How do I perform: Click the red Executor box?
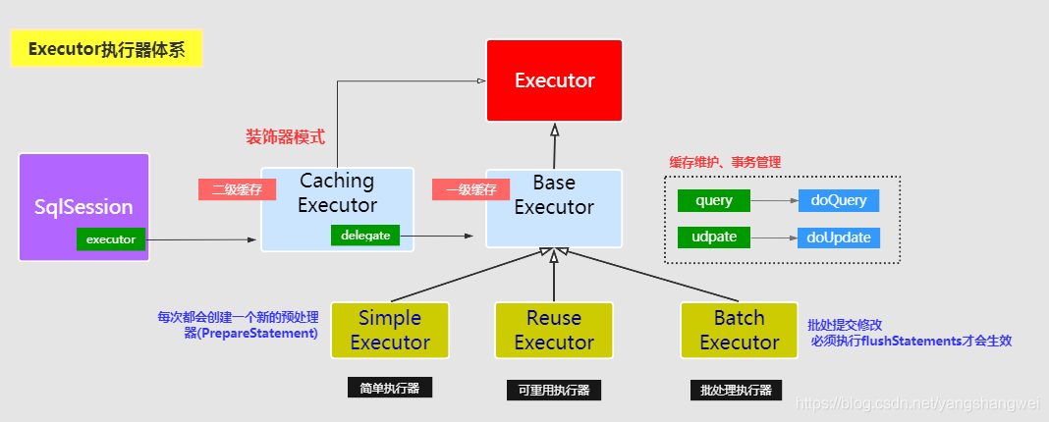tap(554, 80)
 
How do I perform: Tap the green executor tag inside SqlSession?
tap(111, 238)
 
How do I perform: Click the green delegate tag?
tap(365, 236)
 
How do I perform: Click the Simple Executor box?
tap(390, 330)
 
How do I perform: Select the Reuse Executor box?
tap(554, 330)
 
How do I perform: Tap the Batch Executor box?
tap(739, 330)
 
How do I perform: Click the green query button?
tap(714, 200)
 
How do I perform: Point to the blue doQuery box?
tap(838, 200)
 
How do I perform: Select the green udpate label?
tap(714, 237)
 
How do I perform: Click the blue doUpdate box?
tap(838, 237)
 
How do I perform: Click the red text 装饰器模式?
tap(285, 136)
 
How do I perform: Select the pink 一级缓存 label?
tap(470, 189)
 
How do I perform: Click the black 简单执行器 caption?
tap(390, 388)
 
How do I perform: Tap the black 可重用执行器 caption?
tap(554, 390)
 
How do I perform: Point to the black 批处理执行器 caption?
tap(737, 390)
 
